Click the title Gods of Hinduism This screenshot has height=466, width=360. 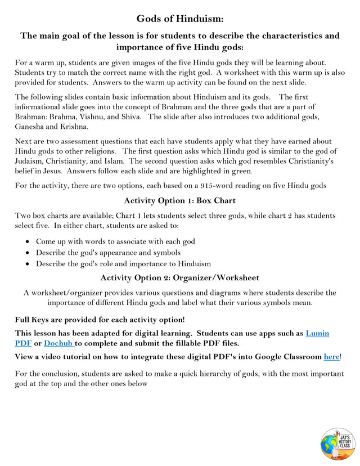[180, 19]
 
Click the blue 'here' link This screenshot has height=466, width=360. [331, 356]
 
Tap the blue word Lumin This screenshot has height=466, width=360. [317, 333]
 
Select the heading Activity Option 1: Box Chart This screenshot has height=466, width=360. [179, 200]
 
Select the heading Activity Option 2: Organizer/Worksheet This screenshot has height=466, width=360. [179, 277]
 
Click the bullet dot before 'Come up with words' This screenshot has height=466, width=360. [29, 241]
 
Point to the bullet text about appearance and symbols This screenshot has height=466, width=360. [108, 252]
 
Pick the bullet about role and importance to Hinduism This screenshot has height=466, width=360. [123, 263]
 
